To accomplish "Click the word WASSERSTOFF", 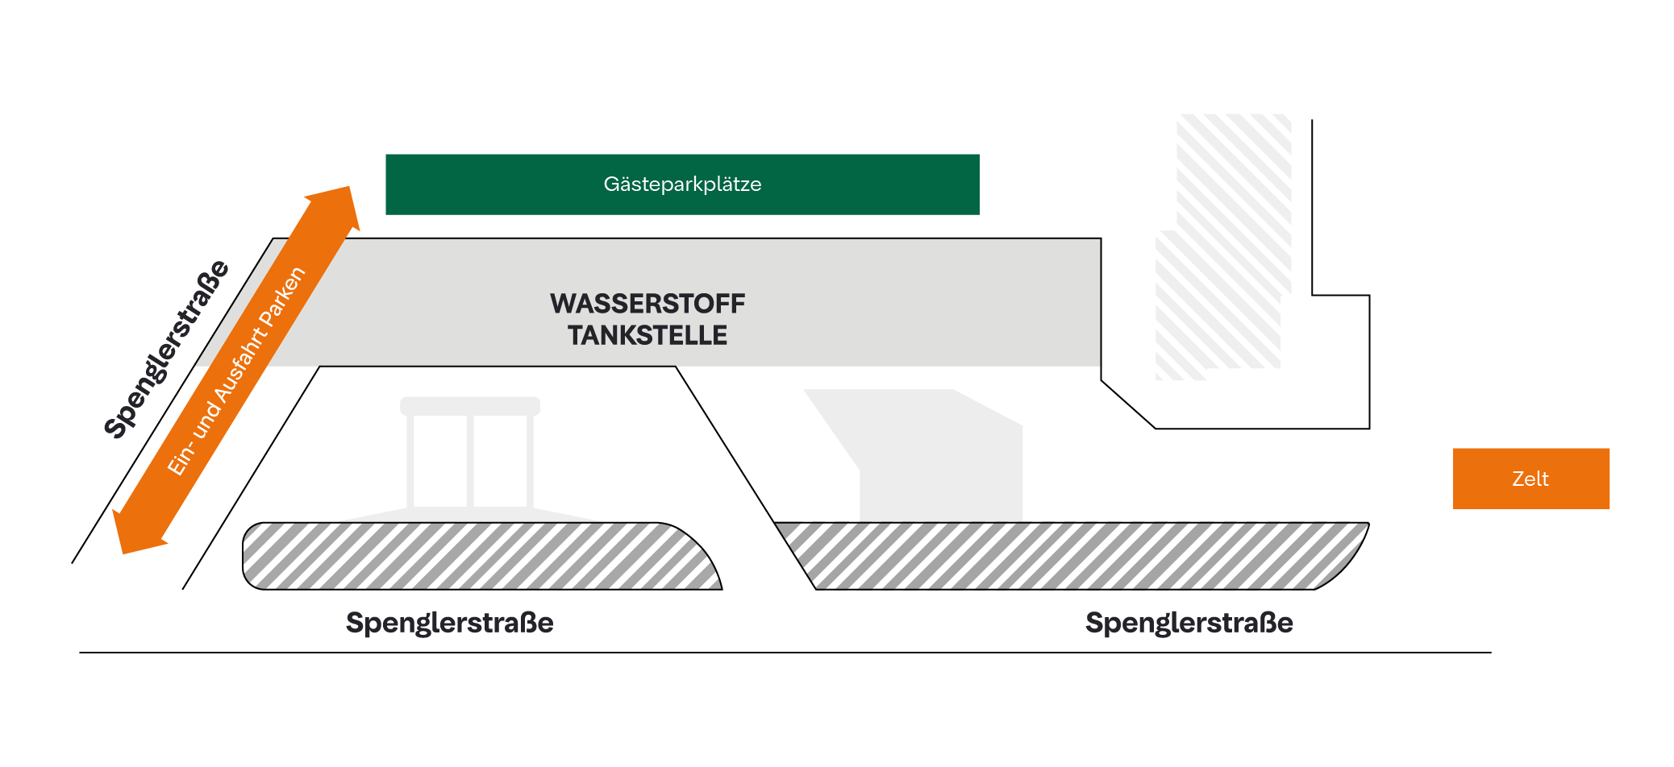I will click(648, 304).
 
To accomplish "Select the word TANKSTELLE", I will click(648, 335).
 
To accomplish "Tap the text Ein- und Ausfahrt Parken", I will click(236, 371).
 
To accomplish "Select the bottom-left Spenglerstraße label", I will click(449, 623).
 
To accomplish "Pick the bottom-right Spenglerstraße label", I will click(1189, 623).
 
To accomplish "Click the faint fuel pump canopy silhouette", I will click(470, 455).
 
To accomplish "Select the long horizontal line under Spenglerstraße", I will click(782, 653).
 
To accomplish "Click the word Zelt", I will click(1530, 479).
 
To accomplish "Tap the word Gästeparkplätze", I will click(682, 184).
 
